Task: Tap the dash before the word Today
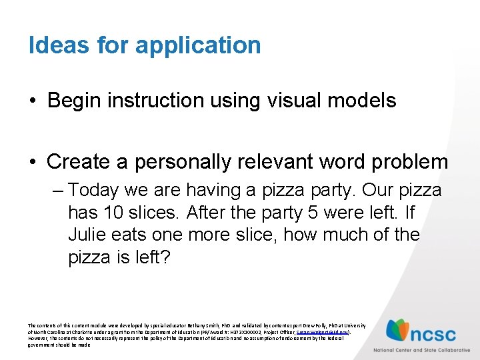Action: pyautogui.click(x=56, y=191)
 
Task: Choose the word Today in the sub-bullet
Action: pyautogui.click(x=96, y=191)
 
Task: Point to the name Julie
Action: pyautogui.click(x=90, y=235)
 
